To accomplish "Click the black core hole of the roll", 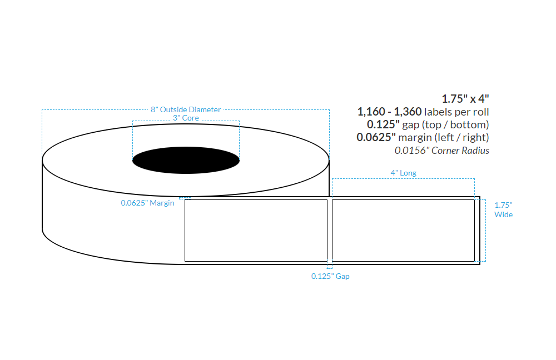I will pyautogui.click(x=186, y=161).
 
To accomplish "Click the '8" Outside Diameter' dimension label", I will pyautogui.click(x=186, y=109).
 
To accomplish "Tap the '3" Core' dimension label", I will pyautogui.click(x=186, y=118).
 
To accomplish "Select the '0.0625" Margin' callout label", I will pyautogui.click(x=147, y=203).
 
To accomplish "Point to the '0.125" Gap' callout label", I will pyautogui.click(x=330, y=276).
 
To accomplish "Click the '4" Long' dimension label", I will pyautogui.click(x=403, y=173).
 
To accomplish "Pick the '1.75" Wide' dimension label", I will pyautogui.click(x=503, y=209).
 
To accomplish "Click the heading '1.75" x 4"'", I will pyautogui.click(x=465, y=99).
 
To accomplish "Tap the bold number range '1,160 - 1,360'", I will pyautogui.click(x=389, y=112).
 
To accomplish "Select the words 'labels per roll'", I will pyautogui.click(x=456, y=112).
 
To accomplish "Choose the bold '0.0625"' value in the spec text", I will pyautogui.click(x=376, y=137).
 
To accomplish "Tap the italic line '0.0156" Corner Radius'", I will pyautogui.click(x=442, y=150).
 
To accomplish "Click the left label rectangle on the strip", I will pyautogui.click(x=256, y=230).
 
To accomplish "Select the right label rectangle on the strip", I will pyautogui.click(x=403, y=230).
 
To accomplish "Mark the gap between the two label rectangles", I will pyautogui.click(x=330, y=230).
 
